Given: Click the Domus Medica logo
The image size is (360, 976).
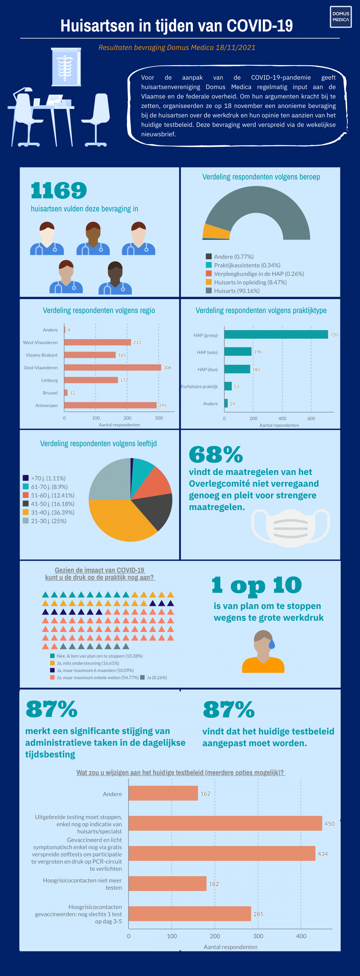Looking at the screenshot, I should click(x=340, y=17).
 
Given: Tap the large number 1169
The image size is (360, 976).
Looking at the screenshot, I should click(x=59, y=190).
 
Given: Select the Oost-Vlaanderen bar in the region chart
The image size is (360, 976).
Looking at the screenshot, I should click(x=113, y=368).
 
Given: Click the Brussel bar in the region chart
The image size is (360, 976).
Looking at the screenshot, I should click(x=66, y=393).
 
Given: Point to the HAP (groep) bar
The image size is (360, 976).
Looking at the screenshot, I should click(x=276, y=335).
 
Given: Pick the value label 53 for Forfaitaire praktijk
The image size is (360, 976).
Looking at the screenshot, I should click(x=237, y=387).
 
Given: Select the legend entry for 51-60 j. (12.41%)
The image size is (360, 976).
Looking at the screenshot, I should click(x=48, y=495).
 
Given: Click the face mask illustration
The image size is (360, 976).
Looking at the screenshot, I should click(x=291, y=528).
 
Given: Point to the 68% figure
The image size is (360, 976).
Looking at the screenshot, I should click(x=216, y=454).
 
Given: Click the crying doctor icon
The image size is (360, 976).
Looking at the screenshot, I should click(x=263, y=652).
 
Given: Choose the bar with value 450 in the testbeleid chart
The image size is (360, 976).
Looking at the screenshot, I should click(x=225, y=823).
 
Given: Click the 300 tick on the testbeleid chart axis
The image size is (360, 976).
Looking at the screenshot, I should click(x=258, y=936).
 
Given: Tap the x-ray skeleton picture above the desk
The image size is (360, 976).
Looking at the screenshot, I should click(x=66, y=67).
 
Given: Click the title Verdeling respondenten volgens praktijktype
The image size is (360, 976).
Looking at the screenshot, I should click(x=261, y=310).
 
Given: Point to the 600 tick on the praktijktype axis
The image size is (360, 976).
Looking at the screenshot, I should click(x=311, y=418).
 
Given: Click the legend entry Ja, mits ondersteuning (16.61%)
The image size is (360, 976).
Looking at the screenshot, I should click(x=84, y=663).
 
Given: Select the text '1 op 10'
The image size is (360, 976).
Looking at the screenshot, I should click(x=257, y=585).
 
